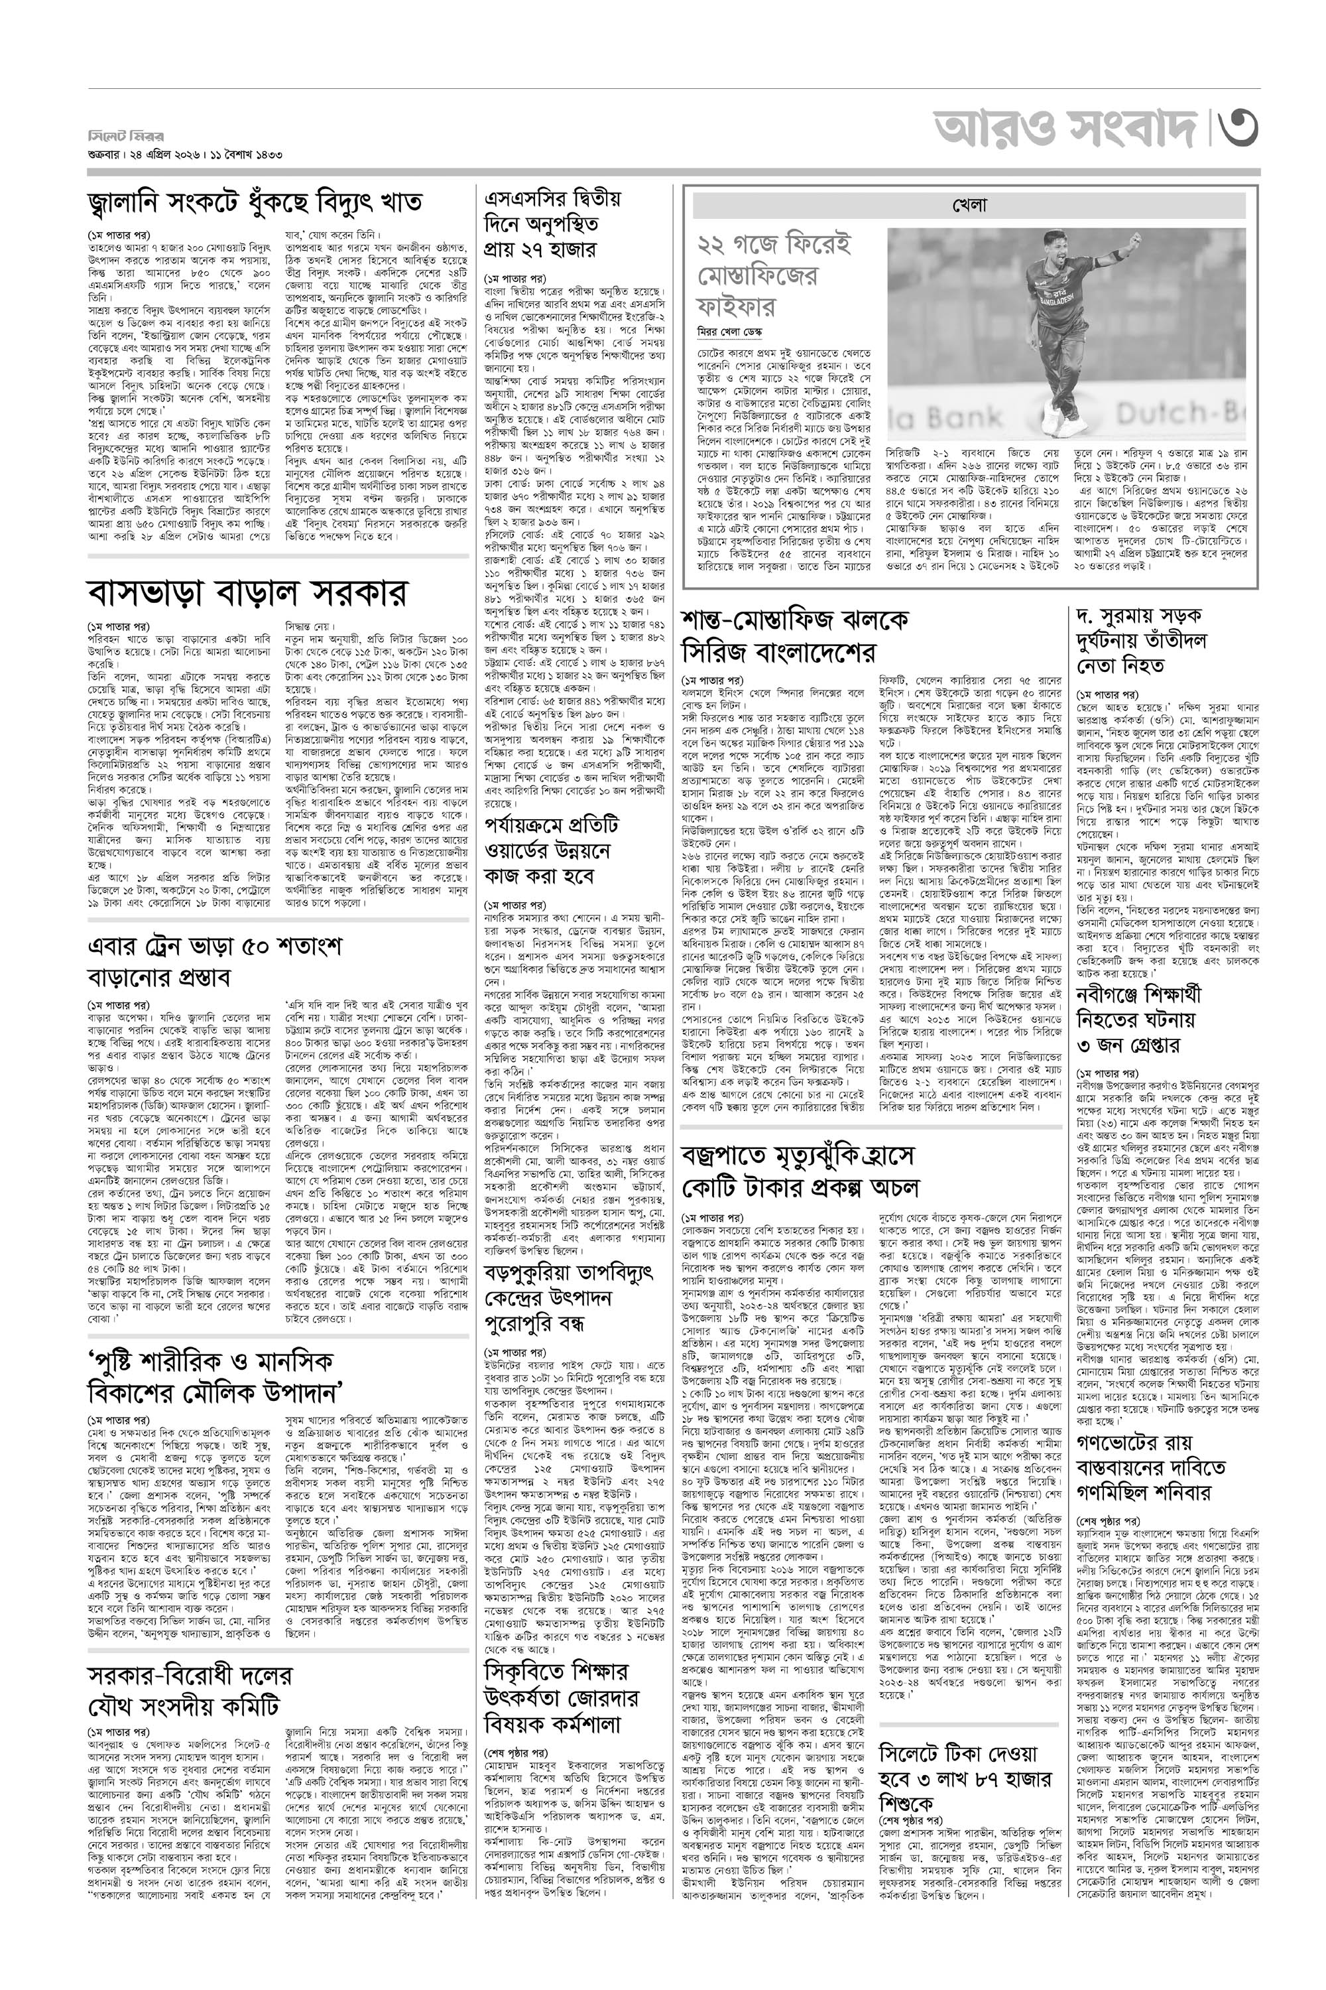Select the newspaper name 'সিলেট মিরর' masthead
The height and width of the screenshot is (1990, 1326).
pos(126,136)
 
